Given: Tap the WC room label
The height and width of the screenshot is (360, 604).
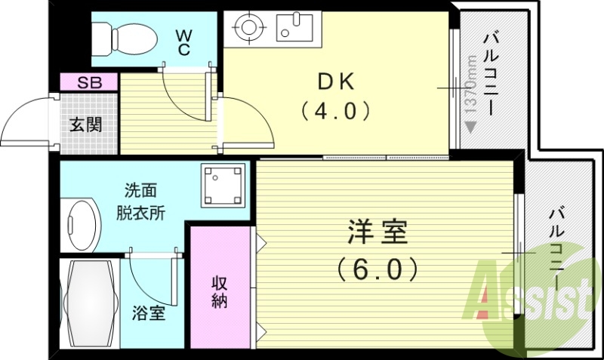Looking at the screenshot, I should coord(183,41).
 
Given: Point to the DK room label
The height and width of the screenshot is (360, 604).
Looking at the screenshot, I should coord(334,82).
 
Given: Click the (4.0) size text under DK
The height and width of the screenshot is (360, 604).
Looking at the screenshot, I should coord(334,111).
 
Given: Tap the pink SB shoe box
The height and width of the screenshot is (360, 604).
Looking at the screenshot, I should coord(89,82).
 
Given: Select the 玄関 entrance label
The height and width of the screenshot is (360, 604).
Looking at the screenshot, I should coord(86,124).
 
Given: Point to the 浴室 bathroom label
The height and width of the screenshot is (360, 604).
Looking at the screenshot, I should coord(149,312).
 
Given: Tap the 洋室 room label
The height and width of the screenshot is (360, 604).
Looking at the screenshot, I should coord(377,232).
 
